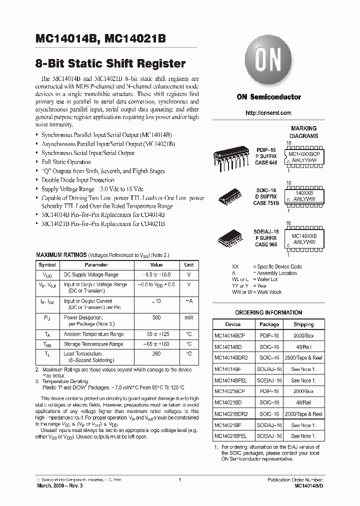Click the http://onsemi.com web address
(268, 113)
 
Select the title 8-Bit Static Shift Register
(110, 63)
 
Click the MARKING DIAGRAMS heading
(303, 132)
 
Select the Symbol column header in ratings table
(47, 265)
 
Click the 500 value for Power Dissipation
(156, 317)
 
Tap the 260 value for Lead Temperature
(156, 353)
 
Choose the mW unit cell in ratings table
(189, 317)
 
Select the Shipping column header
(303, 324)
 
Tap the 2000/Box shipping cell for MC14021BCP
(303, 391)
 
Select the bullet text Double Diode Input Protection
(77, 180)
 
